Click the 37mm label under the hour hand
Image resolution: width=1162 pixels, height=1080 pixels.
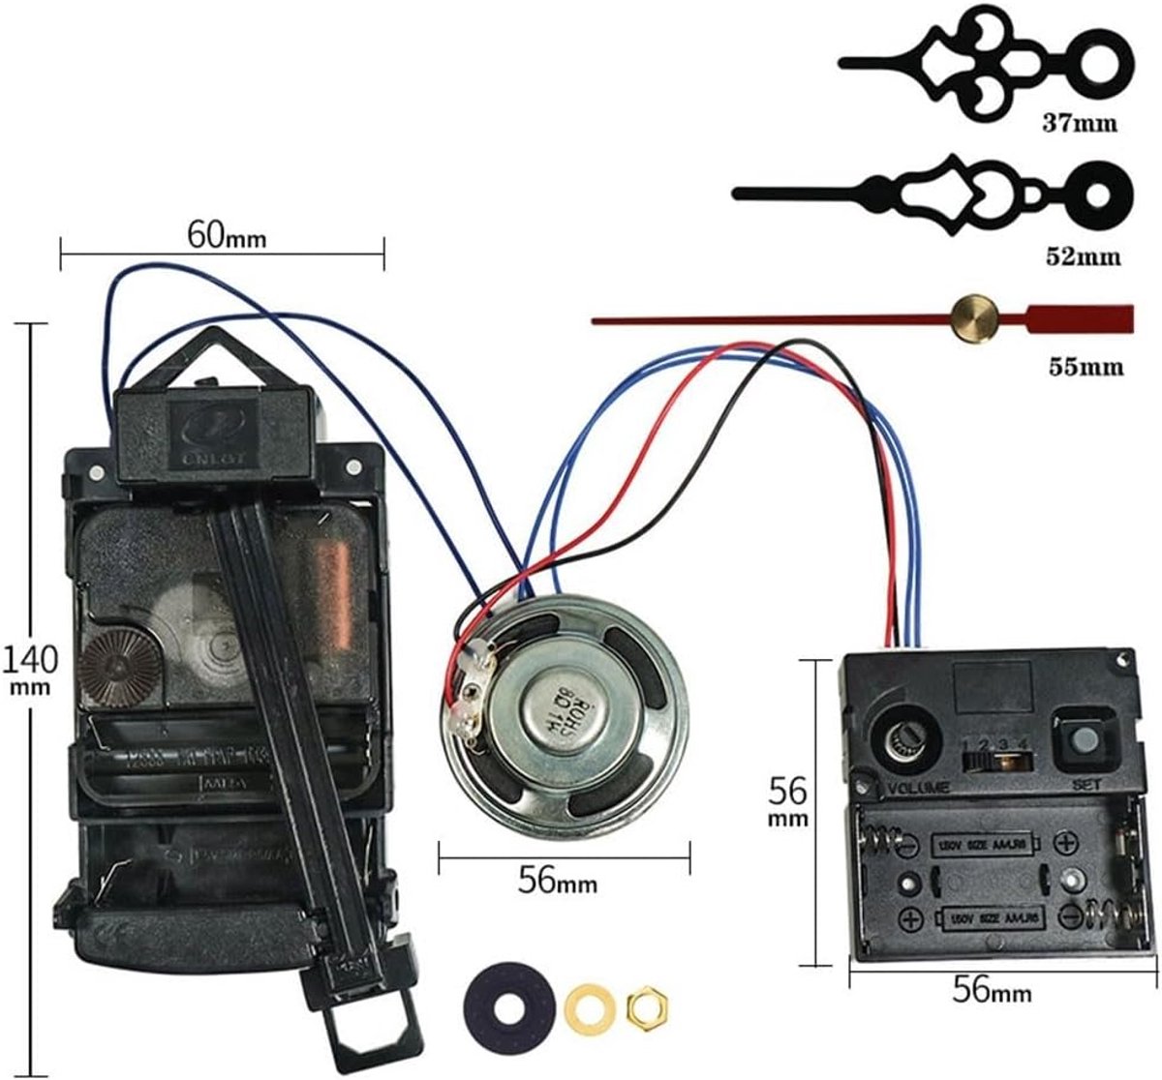(x=1079, y=124)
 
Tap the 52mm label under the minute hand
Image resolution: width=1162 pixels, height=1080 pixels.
(x=1083, y=256)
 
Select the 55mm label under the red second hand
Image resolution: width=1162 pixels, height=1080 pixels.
(x=1086, y=367)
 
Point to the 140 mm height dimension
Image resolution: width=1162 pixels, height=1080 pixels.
(x=29, y=667)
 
